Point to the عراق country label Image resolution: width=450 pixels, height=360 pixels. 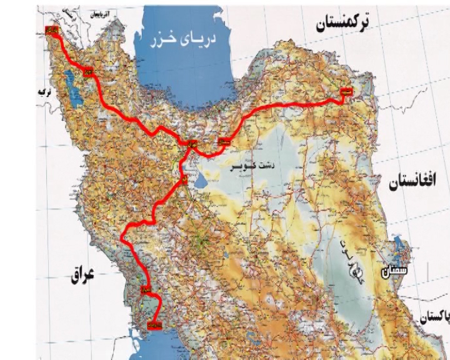point(79,274)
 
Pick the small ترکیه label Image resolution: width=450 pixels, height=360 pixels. point(43,92)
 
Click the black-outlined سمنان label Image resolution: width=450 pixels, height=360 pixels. point(395,272)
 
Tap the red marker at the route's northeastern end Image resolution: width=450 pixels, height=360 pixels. point(346,92)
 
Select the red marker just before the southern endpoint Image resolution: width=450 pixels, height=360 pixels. point(146,290)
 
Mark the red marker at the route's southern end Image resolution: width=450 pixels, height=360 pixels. point(156,324)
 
